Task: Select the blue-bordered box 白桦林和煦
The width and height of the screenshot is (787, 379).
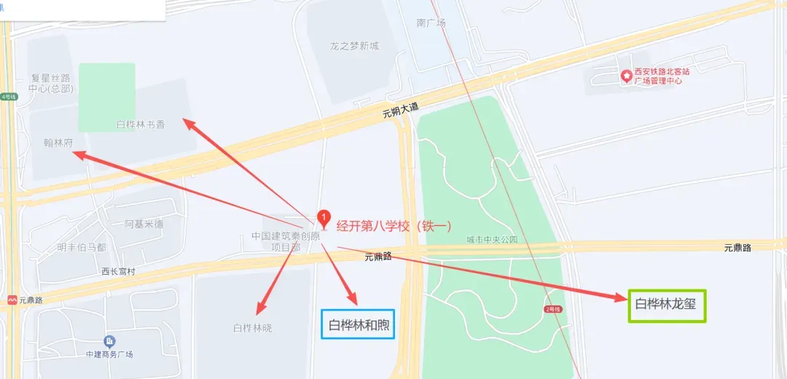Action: click(x=358, y=324)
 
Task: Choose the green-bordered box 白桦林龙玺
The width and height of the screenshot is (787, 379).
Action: click(x=666, y=304)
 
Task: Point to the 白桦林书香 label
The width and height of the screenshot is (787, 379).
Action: click(x=141, y=125)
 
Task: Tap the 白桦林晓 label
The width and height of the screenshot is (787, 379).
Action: click(x=252, y=328)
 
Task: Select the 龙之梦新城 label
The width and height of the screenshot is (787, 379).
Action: click(x=354, y=46)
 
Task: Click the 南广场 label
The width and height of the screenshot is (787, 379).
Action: click(x=431, y=23)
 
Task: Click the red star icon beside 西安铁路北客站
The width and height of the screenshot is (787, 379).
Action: click(x=625, y=76)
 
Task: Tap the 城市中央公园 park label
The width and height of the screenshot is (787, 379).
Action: click(x=492, y=239)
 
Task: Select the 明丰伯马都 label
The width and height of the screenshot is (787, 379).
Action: click(x=82, y=247)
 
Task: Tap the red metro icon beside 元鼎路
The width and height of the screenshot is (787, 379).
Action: click(x=12, y=300)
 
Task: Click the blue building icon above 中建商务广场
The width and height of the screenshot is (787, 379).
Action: click(x=109, y=341)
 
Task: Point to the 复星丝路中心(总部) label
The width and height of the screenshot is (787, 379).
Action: click(x=50, y=83)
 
